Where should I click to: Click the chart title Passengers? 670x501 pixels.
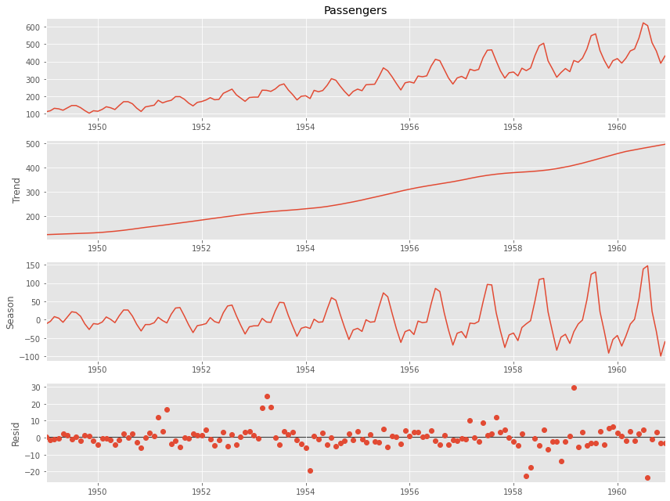pyautogui.click(x=355, y=11)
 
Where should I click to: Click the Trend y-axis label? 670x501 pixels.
pyautogui.click(x=16, y=189)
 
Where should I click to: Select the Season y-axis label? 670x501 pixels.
pyautogui.click(x=11, y=312)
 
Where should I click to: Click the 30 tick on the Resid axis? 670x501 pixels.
pyautogui.click(x=35, y=387)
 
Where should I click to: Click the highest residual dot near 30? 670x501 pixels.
pyautogui.click(x=574, y=387)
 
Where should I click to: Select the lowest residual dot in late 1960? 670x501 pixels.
pyautogui.click(x=647, y=478)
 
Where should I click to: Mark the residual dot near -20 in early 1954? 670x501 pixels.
pyautogui.click(x=310, y=470)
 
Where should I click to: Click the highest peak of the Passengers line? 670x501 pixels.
pyautogui.click(x=643, y=23)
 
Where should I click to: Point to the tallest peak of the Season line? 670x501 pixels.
pyautogui.click(x=647, y=266)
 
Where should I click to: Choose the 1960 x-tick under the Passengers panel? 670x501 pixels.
pyautogui.click(x=617, y=126)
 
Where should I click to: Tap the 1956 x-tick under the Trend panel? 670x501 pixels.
pyautogui.click(x=409, y=248)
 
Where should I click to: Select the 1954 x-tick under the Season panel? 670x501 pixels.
pyautogui.click(x=305, y=369)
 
